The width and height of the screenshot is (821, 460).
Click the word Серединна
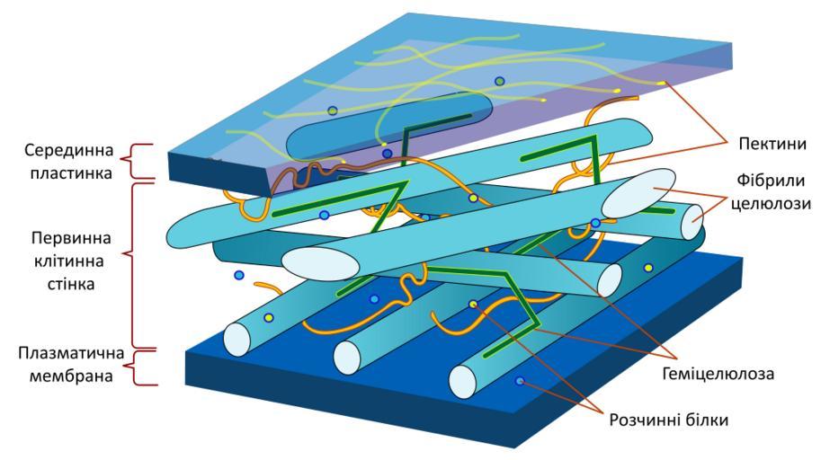[68, 151]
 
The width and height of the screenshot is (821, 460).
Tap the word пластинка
[71, 173]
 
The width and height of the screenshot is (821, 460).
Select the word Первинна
[71, 239]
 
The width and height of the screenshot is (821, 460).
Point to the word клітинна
[71, 261]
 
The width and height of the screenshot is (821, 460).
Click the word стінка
[71, 284]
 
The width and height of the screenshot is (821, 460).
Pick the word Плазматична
[71, 353]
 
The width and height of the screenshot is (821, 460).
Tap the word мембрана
[71, 376]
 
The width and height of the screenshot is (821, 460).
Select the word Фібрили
[771, 181]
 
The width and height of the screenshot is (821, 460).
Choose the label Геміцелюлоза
[718, 374]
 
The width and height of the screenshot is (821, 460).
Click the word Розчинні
[644, 420]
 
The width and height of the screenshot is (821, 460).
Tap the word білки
[706, 420]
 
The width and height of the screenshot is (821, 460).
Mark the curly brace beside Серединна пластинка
[138, 161]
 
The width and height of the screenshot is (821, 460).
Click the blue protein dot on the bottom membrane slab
[520, 381]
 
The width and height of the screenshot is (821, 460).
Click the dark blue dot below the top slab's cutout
[387, 154]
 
